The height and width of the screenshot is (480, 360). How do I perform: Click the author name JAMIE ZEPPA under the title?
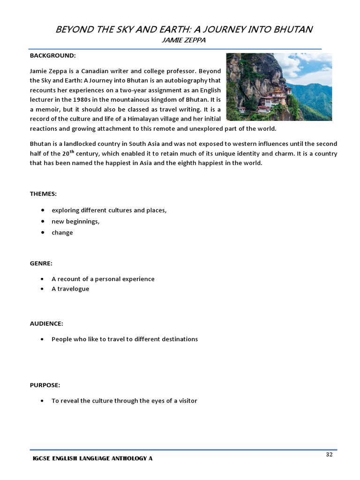180,41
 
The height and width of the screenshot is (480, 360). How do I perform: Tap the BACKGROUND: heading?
52,56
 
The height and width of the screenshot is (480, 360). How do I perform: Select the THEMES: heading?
43,194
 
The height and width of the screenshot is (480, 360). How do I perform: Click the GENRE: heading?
41,263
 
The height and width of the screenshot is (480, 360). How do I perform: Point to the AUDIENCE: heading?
46,323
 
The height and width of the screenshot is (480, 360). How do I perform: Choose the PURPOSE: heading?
45,385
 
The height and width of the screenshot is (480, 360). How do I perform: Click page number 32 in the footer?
329,455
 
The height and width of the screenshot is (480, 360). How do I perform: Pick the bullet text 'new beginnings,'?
75,221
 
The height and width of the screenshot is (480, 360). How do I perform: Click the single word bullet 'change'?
62,232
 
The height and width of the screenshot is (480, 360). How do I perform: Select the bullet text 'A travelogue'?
70,289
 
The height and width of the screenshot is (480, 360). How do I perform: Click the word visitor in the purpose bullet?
186,401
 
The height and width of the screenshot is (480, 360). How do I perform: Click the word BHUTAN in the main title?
291,30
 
